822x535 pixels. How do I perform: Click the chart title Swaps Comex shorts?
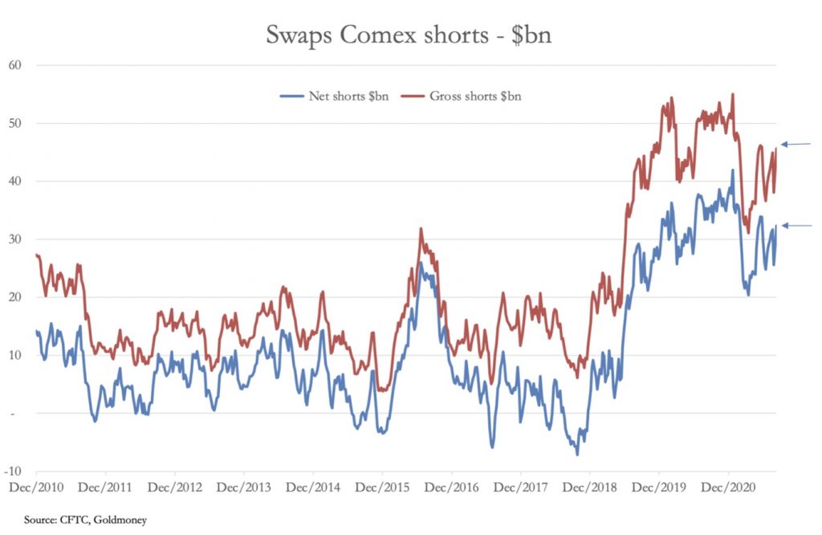tap(409, 36)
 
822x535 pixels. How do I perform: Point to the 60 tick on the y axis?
tap(15, 64)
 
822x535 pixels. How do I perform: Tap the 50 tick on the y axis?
tap(15, 123)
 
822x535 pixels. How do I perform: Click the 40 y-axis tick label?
tap(15, 181)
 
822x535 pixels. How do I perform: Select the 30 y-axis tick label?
tap(15, 239)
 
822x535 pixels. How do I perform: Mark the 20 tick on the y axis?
tap(15, 297)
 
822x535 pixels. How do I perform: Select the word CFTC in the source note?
tap(69, 520)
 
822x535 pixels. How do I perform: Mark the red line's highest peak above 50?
tap(732, 95)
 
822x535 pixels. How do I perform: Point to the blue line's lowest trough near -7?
tap(577, 454)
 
